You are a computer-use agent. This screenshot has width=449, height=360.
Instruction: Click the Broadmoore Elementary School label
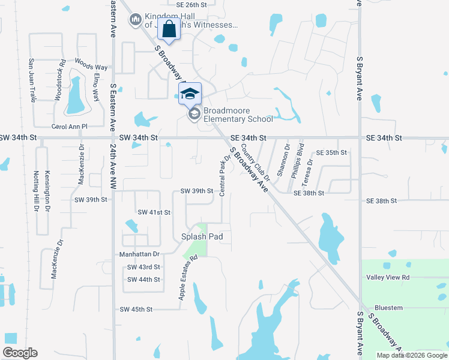(x=238, y=115)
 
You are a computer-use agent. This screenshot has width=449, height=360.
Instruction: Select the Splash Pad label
(x=202, y=236)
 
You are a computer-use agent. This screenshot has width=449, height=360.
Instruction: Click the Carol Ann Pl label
(x=70, y=127)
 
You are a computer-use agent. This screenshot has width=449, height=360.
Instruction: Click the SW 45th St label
(x=136, y=309)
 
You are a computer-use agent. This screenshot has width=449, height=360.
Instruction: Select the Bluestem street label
(x=388, y=308)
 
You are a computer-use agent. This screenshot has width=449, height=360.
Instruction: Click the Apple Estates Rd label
(x=187, y=278)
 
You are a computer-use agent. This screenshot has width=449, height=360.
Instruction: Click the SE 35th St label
(x=331, y=152)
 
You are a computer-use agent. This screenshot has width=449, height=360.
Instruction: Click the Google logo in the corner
(x=20, y=353)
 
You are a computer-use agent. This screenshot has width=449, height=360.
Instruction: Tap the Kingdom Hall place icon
(x=136, y=20)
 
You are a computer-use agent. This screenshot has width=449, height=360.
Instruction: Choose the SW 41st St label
(x=154, y=212)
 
